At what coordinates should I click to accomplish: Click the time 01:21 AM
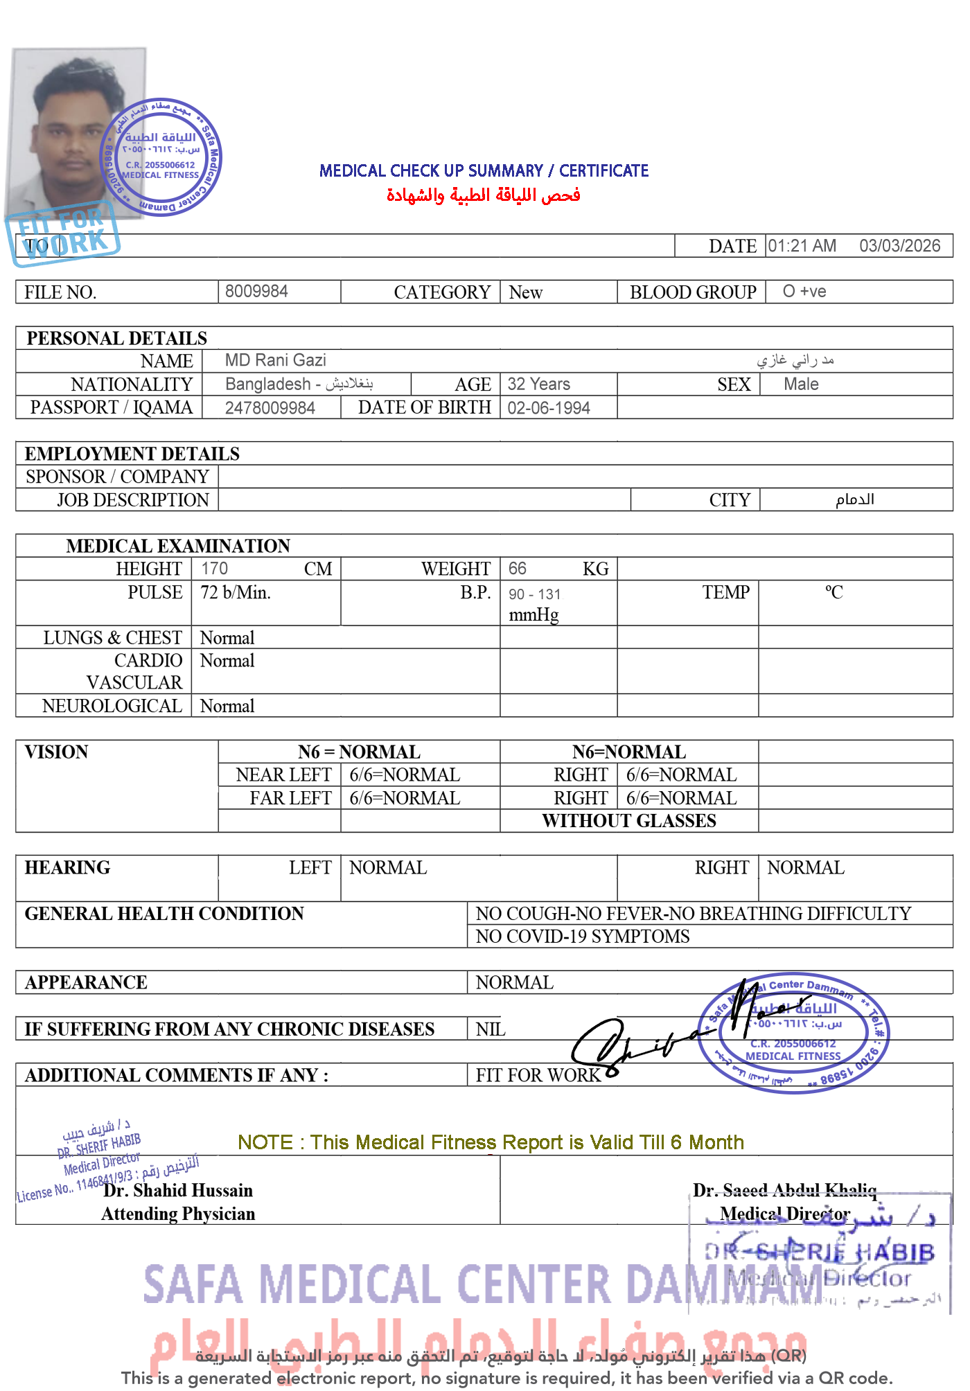click(802, 246)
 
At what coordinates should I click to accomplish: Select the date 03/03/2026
click(899, 246)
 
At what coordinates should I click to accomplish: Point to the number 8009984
click(256, 291)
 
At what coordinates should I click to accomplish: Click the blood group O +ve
click(804, 291)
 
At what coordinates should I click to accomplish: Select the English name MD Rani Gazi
click(275, 360)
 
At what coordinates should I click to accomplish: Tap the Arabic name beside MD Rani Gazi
click(795, 360)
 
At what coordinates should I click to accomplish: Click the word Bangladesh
click(268, 384)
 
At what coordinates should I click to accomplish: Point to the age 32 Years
click(538, 384)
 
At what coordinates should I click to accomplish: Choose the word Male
click(801, 384)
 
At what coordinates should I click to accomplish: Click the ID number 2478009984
click(270, 408)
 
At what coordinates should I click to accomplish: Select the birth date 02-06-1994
click(548, 408)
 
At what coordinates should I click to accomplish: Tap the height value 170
click(214, 569)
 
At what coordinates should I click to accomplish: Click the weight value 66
click(517, 569)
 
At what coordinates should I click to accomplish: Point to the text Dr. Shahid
click(145, 1190)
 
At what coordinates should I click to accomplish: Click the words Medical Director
click(784, 1214)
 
